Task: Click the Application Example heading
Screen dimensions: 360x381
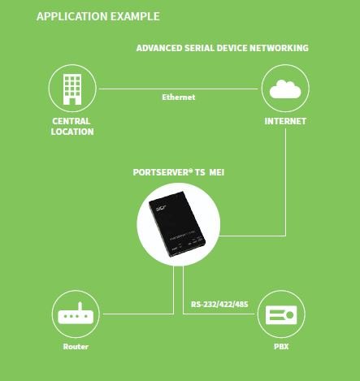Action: [98, 16]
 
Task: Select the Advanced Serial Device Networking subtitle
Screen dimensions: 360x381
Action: [223, 48]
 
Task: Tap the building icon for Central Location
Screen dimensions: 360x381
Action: [72, 89]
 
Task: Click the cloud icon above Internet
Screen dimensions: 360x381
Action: [285, 89]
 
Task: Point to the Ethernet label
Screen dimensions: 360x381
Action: [179, 97]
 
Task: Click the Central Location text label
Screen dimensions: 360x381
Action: [72, 127]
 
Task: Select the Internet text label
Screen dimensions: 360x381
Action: [285, 121]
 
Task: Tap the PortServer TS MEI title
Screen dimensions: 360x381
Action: [179, 172]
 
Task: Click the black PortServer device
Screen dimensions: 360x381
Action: [177, 224]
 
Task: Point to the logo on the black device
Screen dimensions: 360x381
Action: [160, 208]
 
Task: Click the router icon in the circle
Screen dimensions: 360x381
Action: [76, 314]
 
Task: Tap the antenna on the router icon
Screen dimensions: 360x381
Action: [80, 306]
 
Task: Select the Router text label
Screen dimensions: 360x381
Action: [76, 347]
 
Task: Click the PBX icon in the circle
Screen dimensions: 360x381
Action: [281, 315]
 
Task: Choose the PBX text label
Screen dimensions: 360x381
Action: [281, 347]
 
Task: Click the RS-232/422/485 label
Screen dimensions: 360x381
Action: [219, 305]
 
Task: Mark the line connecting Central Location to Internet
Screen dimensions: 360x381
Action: [179, 89]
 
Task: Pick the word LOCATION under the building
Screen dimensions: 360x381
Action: [72, 132]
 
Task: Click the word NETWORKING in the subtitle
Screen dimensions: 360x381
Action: [279, 48]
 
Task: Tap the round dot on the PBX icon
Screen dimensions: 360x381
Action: [290, 315]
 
